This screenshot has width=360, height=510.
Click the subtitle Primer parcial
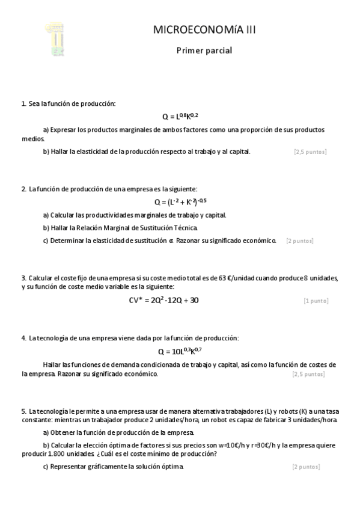click(x=204, y=51)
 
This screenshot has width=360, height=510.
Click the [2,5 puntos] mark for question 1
click(x=310, y=152)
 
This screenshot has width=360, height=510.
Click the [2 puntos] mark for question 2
click(x=299, y=241)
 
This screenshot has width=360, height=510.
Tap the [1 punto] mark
click(x=316, y=300)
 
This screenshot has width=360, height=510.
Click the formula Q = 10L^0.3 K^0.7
click(x=180, y=351)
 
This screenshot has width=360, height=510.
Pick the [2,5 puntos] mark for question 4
click(x=308, y=374)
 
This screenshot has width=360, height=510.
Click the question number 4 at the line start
click(x=23, y=338)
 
